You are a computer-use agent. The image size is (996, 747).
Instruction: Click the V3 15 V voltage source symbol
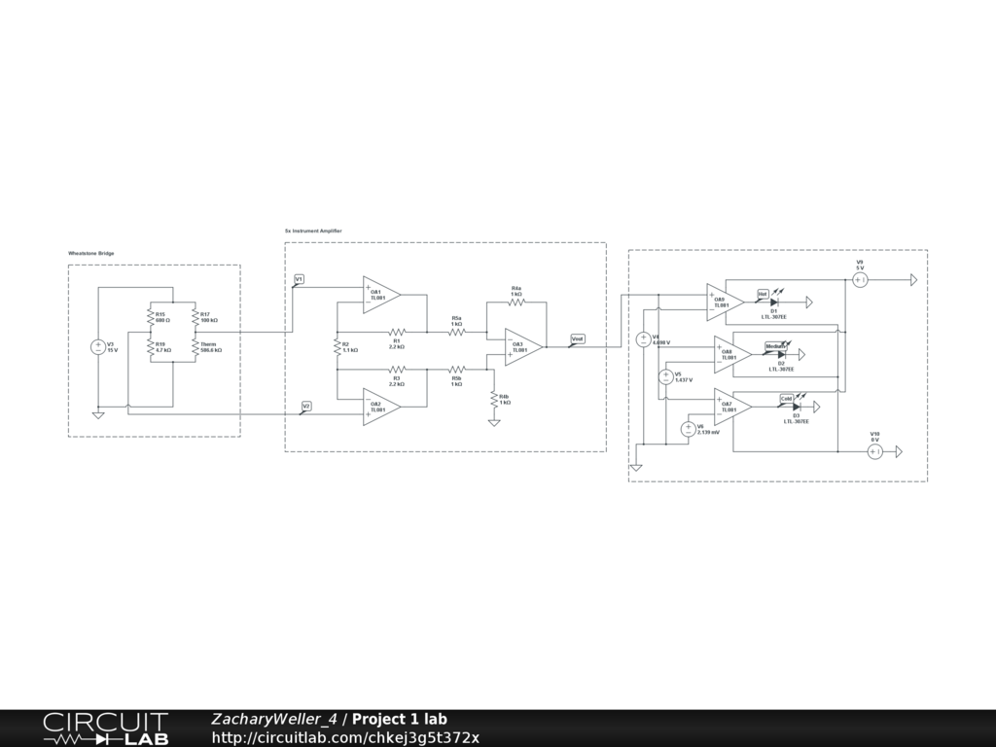click(98, 347)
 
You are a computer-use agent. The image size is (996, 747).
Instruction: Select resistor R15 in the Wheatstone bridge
click(150, 316)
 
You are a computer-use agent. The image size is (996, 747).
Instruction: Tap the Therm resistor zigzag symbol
click(196, 347)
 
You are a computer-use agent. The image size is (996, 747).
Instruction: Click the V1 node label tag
click(299, 279)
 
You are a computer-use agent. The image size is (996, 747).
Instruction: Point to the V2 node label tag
click(306, 405)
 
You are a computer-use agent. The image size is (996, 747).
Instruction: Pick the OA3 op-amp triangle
click(522, 347)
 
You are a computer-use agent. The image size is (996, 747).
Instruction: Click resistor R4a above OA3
click(516, 302)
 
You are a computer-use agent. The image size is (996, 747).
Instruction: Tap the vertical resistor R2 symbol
click(337, 347)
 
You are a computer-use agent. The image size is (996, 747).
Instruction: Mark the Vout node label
click(577, 338)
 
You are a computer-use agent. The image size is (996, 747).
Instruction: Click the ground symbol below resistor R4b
click(494, 422)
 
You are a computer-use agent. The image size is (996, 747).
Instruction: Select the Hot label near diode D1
click(763, 293)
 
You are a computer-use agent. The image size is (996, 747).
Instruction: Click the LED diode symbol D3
click(797, 408)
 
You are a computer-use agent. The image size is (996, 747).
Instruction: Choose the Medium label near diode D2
click(774, 345)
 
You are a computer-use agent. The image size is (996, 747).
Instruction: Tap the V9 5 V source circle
click(860, 280)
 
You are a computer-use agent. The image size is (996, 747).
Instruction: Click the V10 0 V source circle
click(874, 452)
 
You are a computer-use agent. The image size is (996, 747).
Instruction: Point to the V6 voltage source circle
click(689, 429)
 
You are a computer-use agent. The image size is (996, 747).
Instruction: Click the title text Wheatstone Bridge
click(90, 253)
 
